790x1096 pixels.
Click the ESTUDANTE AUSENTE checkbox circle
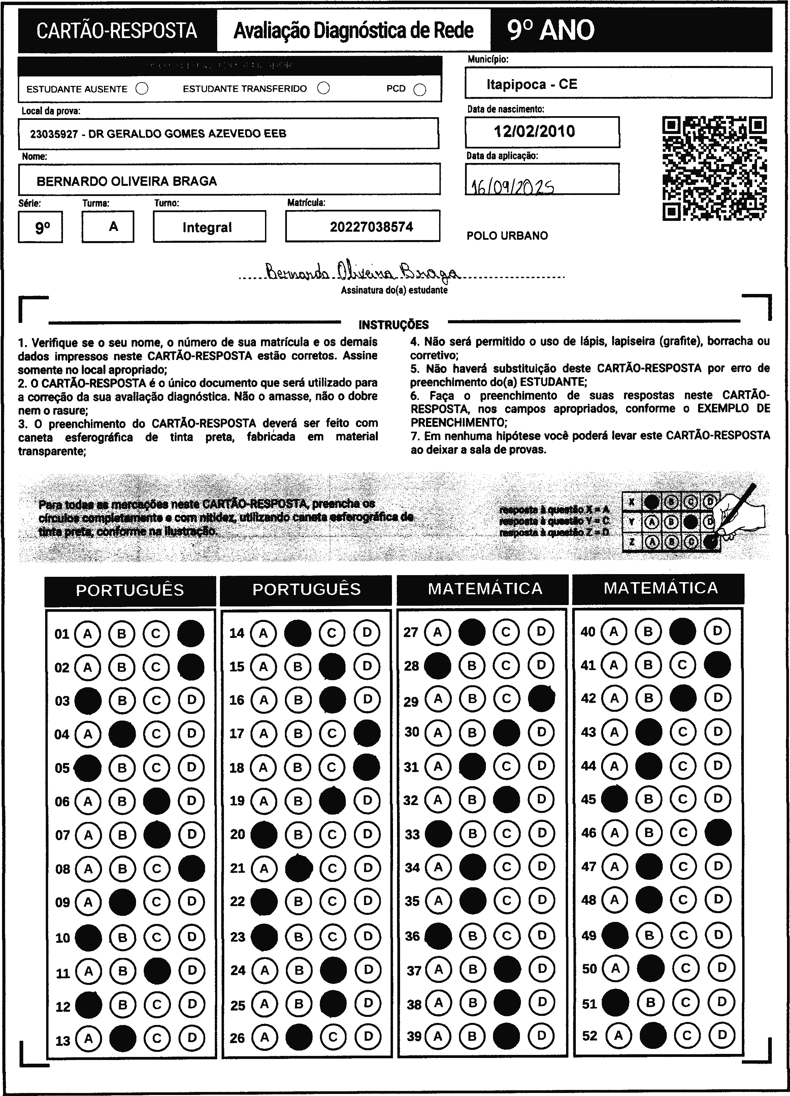click(142, 89)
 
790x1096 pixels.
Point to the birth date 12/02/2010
click(534, 131)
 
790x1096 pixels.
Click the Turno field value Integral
click(207, 227)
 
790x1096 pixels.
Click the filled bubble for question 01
click(191, 634)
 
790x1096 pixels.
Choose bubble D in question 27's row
click(541, 632)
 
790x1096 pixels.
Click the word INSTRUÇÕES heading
click(394, 325)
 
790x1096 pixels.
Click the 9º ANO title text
click(551, 30)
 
